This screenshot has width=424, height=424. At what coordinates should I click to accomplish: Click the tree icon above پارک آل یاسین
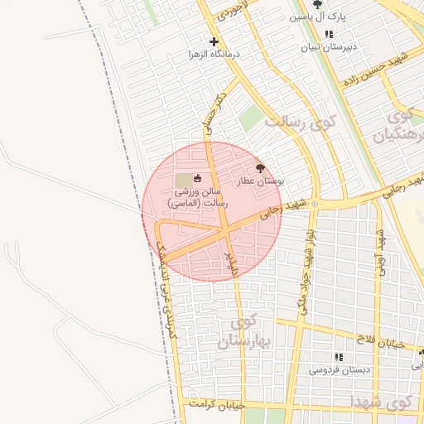(317, 4)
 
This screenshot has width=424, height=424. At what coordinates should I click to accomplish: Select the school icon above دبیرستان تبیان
(329, 35)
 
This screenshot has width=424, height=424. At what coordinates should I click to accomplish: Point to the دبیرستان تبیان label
(329, 46)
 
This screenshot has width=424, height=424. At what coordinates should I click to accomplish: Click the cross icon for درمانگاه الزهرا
(214, 41)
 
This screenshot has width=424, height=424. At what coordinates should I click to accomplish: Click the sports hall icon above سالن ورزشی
(197, 178)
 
